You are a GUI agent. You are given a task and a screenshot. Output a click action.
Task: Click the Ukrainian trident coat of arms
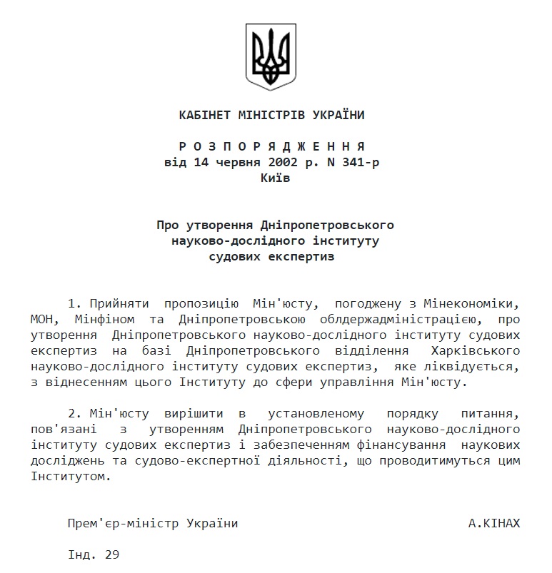click(271, 57)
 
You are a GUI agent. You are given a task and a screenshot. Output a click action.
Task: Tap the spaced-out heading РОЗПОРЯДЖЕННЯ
click(271, 147)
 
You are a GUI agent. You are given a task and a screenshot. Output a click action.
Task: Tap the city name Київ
click(276, 178)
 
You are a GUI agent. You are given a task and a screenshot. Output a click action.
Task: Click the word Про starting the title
click(168, 225)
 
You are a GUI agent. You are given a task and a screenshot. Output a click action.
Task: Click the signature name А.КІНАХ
click(494, 523)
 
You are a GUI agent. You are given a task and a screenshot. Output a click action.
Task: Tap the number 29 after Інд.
click(111, 554)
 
